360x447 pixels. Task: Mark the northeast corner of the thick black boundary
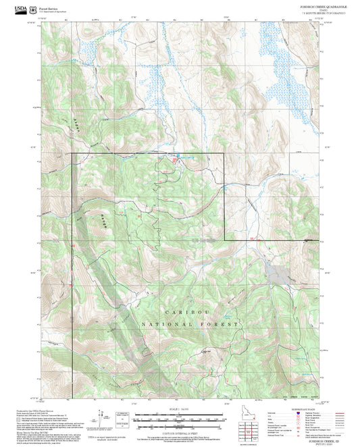[224, 154]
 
